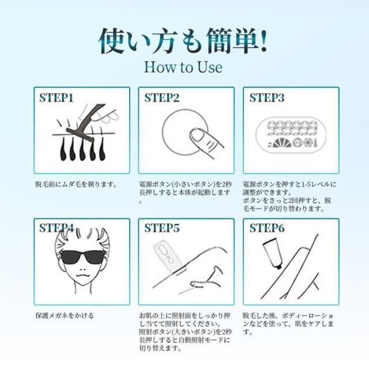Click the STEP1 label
click(57, 98)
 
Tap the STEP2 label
click(162, 98)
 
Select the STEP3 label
click(267, 98)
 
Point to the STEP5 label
click(162, 228)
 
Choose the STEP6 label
click(267, 228)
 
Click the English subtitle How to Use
click(183, 67)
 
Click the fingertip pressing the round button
click(197, 135)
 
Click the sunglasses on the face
click(82, 257)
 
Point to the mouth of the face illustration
click(82, 276)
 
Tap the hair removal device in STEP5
click(168, 257)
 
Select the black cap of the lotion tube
click(278, 266)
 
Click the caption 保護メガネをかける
click(65, 315)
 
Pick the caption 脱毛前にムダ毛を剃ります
click(76, 184)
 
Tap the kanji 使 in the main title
click(111, 41)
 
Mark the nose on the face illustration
click(82, 268)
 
